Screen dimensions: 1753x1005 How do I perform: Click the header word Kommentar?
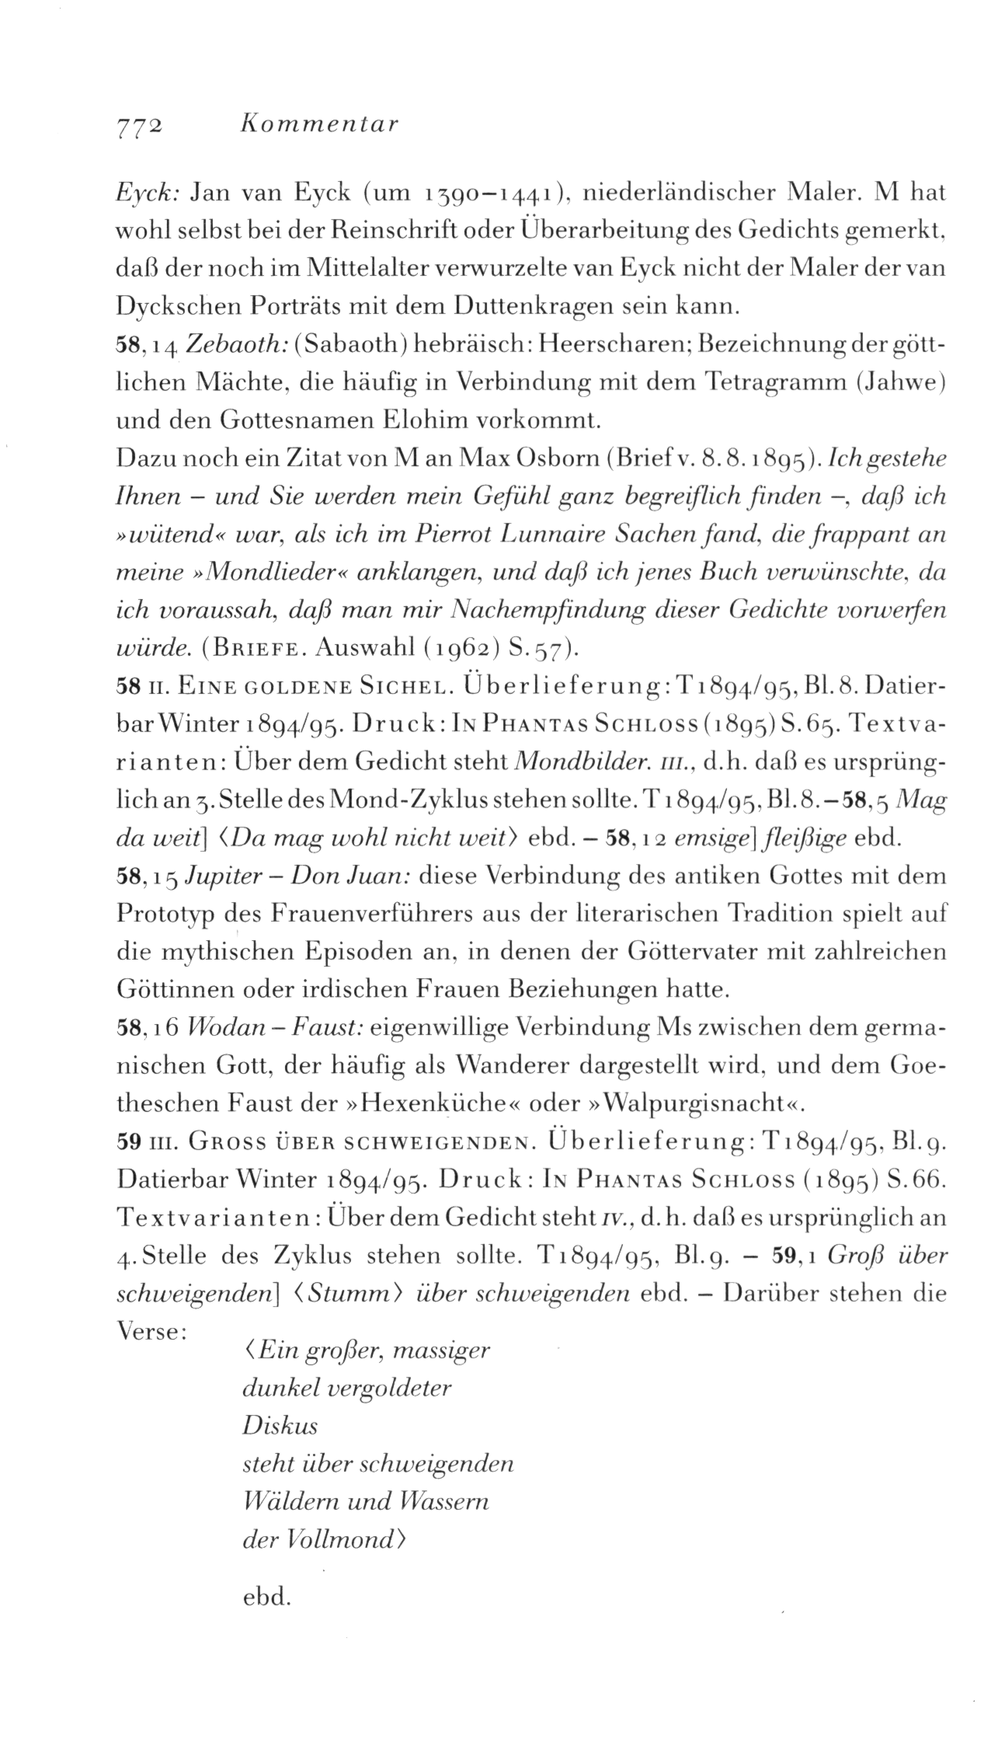tap(319, 124)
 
